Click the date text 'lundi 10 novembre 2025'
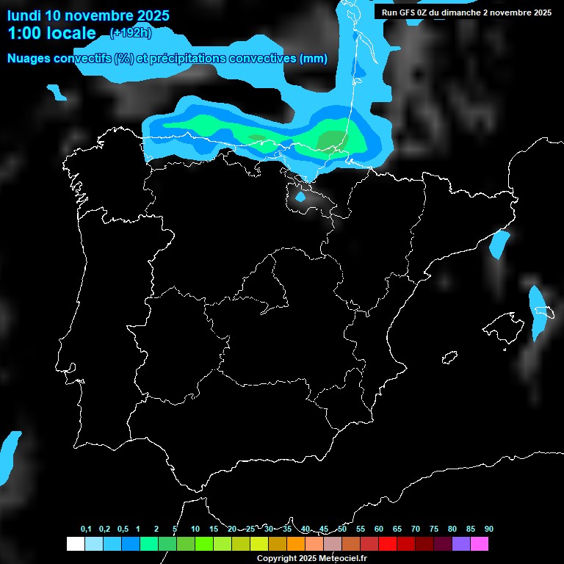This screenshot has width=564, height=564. tap(88, 15)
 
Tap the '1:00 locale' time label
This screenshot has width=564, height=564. tap(51, 33)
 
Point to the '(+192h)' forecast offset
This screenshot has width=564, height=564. tap(130, 33)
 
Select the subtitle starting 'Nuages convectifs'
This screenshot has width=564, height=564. tap(167, 59)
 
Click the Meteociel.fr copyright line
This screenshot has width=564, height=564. tap(311, 558)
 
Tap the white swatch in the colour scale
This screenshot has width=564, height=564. tap(75, 544)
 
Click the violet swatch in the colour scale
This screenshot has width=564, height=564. tap(461, 544)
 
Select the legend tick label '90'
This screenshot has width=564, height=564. tap(489, 529)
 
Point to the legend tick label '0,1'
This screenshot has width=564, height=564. tap(86, 529)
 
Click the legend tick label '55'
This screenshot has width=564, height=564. tap(361, 529)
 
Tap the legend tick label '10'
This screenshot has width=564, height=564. tap(195, 529)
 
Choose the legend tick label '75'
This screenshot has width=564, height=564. tap(434, 529)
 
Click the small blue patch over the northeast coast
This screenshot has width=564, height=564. tap(499, 244)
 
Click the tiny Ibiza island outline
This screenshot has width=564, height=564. tap(449, 357)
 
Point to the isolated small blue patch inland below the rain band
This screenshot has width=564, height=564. tap(300, 197)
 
